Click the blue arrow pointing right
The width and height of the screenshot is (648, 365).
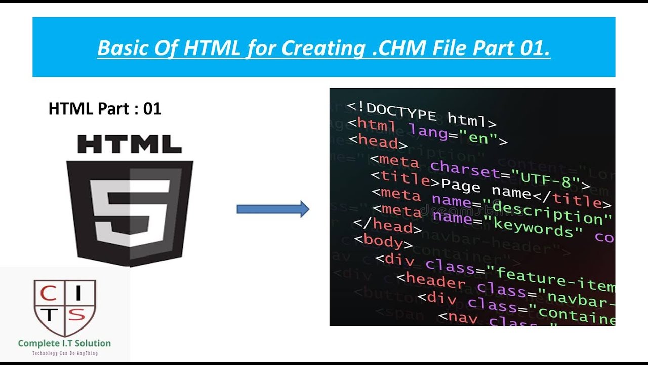coord(273,209)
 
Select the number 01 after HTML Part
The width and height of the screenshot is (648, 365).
coord(152,108)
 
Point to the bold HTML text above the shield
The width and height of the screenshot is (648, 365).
coord(130,144)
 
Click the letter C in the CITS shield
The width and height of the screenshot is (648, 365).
coord(49,293)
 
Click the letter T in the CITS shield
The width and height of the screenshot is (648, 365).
coord(49,315)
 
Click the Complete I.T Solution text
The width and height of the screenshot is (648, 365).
coord(64,343)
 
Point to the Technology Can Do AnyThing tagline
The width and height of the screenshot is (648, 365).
coord(64,353)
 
